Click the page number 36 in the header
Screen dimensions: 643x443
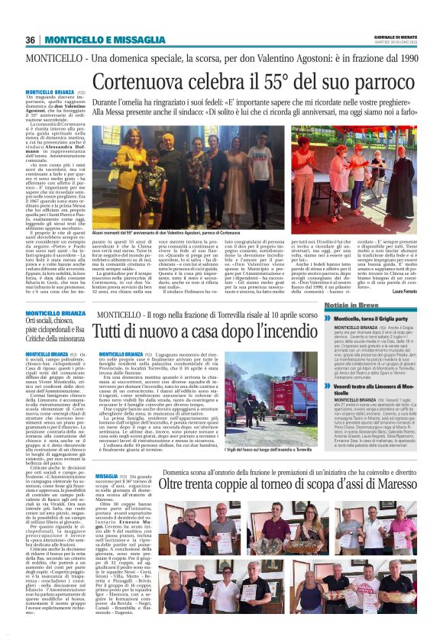coord(31,40)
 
